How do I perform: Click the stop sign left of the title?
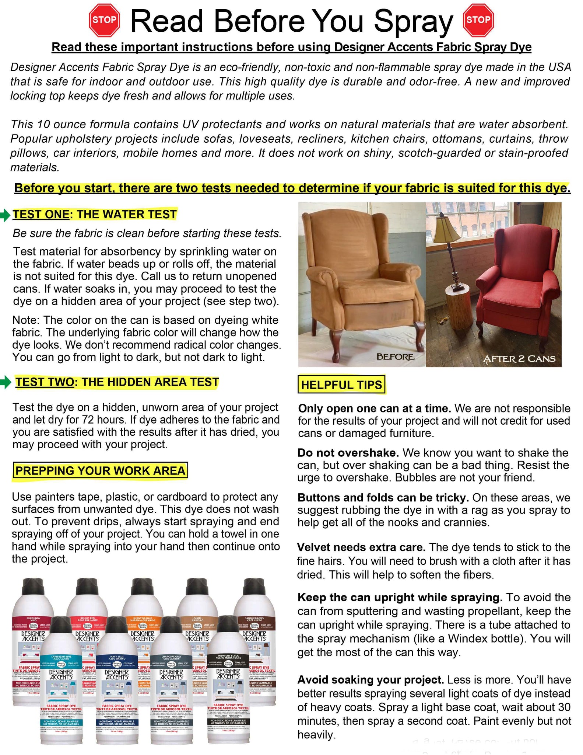[x=104, y=20]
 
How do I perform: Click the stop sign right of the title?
[x=478, y=20]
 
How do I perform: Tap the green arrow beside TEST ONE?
[x=5, y=215]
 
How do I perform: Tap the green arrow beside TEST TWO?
[x=6, y=383]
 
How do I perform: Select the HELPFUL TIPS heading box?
[x=341, y=385]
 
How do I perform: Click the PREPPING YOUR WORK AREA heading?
[x=100, y=471]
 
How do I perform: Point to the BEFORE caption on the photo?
[x=395, y=357]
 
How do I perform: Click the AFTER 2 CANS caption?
[x=519, y=359]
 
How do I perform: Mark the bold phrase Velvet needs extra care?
[x=361, y=547]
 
